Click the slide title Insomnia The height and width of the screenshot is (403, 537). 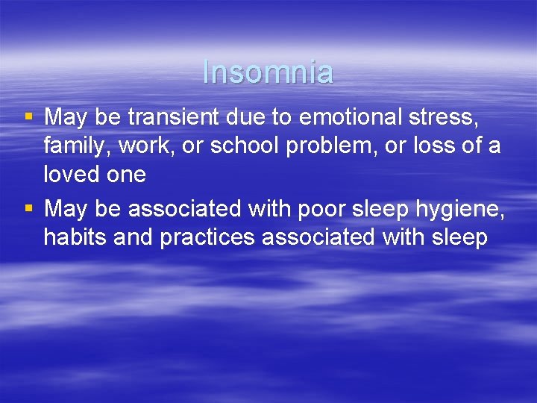click(268, 72)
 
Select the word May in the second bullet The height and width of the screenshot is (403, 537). click(66, 209)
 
